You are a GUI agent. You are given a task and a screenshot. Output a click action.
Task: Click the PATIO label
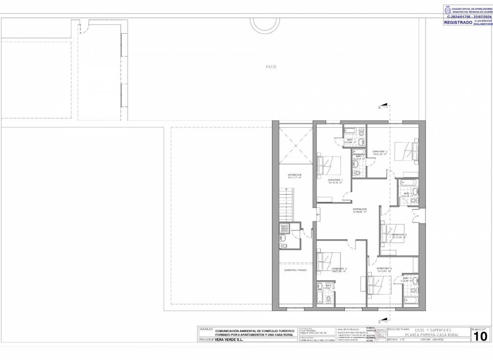tap(271, 67)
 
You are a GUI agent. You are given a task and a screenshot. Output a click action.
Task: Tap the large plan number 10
tap(480, 337)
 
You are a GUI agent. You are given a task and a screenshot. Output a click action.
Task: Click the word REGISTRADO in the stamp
tap(458, 22)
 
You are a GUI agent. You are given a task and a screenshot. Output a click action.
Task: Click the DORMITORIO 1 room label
tap(335, 181)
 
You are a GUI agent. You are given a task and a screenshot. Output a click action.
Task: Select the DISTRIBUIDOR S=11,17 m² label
tap(294, 176)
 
